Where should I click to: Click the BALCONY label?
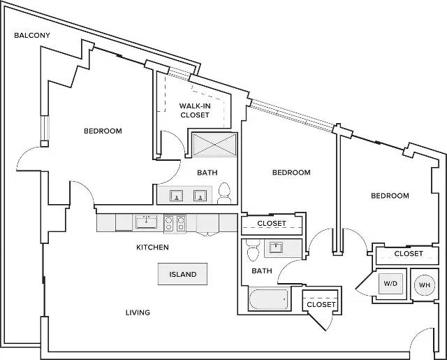tap(32, 36)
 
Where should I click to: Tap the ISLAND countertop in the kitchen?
tap(183, 274)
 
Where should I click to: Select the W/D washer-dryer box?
tap(390, 284)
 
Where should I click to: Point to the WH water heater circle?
tap(425, 285)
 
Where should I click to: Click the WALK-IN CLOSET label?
tap(195, 110)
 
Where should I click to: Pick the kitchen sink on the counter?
tap(146, 222)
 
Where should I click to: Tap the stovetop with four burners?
tap(175, 224)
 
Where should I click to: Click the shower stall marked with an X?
tap(214, 145)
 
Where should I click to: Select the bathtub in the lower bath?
tap(268, 299)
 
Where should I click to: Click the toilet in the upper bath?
tap(224, 194)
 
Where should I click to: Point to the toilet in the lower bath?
tap(253, 250)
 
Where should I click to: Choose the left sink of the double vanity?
tap(177, 196)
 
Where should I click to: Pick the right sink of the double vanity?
tap(200, 196)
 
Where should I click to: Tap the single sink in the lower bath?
tap(277, 247)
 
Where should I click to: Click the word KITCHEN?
tap(152, 247)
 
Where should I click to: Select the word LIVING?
tap(138, 312)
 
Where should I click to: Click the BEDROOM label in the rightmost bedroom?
tap(390, 196)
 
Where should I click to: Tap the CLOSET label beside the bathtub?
tap(321, 305)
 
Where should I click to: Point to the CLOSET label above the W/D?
tap(409, 254)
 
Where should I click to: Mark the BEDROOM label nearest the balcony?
tap(103, 131)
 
